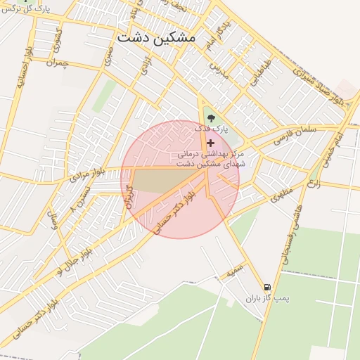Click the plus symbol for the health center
click(x=210, y=143)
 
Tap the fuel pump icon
click(x=267, y=287)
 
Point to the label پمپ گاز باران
click(x=267, y=299)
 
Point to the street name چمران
click(x=59, y=63)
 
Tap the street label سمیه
click(x=234, y=271)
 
